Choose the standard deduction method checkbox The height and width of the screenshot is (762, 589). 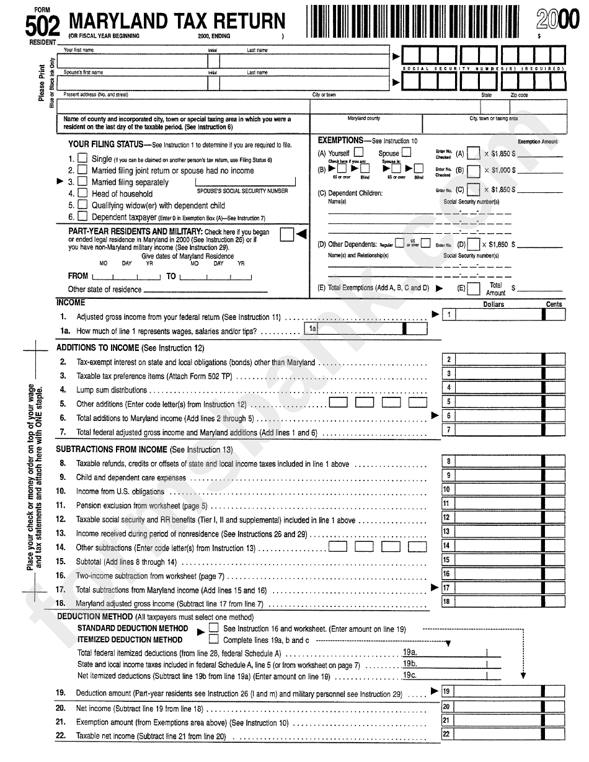[x=214, y=628]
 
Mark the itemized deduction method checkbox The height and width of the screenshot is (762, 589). [x=214, y=639]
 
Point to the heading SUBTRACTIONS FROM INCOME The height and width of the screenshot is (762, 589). [x=112, y=450]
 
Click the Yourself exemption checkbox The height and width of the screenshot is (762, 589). [x=358, y=153]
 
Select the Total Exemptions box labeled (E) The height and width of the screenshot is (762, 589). [x=473, y=288]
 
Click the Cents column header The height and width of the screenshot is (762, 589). [x=554, y=304]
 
